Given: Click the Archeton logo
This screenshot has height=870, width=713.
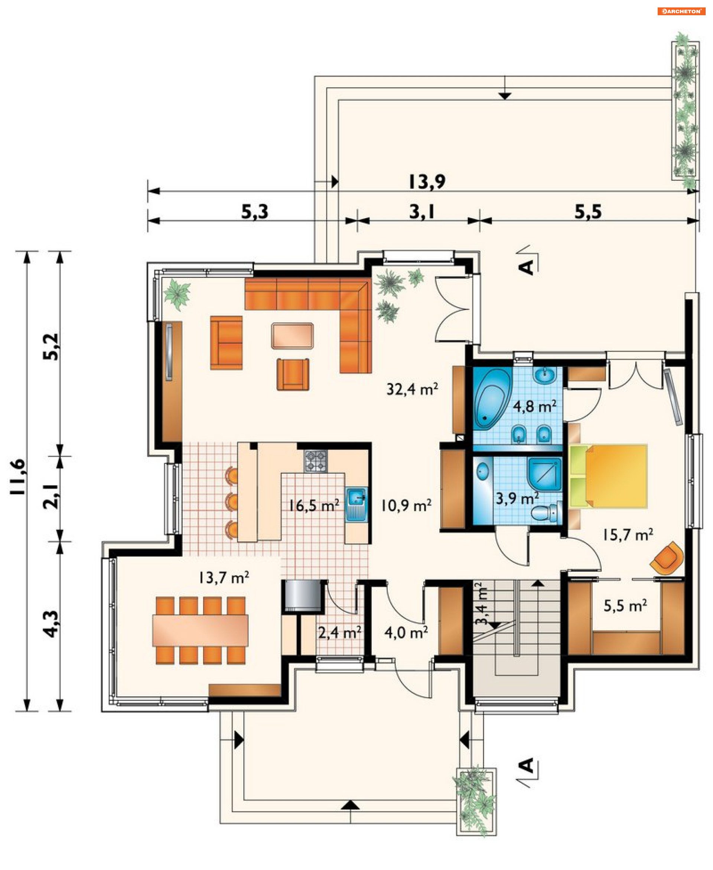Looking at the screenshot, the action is point(681,11).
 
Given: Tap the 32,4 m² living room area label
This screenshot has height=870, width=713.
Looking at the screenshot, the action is point(412,389).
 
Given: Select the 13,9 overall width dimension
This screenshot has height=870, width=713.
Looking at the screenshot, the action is point(427,181).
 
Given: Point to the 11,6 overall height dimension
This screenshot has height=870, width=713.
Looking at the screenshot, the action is point(18,477).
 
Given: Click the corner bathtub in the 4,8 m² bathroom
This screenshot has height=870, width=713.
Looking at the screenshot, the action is point(491,399).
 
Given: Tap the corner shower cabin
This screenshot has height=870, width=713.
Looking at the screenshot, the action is point(545,474).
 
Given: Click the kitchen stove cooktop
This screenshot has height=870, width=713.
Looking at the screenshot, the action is point(316,461).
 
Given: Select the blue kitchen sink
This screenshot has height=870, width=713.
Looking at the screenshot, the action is point(356,503).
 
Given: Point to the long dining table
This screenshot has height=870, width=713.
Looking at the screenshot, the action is point(201,630).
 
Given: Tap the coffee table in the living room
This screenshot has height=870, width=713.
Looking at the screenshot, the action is point(292,336).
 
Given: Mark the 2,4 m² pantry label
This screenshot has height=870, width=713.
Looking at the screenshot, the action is point(340,633).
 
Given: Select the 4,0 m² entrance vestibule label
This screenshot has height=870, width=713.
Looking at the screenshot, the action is point(406,633).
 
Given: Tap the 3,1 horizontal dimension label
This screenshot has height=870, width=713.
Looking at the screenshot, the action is point(422,212).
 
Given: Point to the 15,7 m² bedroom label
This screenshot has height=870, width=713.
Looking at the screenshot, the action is point(628,535).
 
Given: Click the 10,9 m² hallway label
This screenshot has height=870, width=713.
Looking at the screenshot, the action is point(406,505).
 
